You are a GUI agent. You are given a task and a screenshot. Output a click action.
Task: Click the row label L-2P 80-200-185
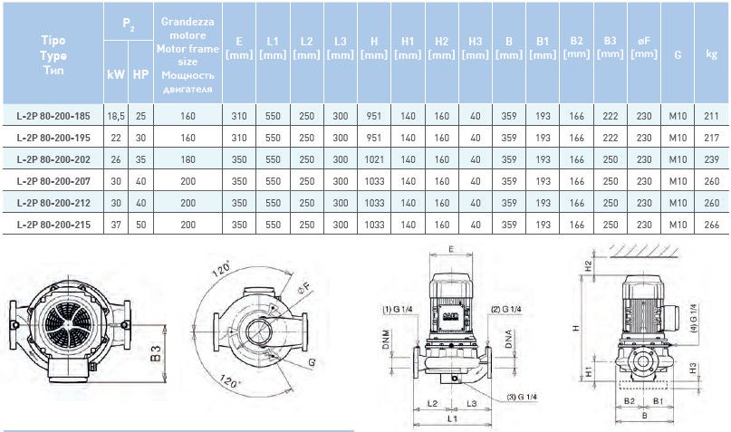pyautogui.click(x=53, y=116)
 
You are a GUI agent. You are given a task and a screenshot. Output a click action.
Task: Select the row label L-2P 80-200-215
pyautogui.click(x=53, y=225)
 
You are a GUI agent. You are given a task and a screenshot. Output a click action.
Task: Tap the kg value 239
pyautogui.click(x=711, y=159)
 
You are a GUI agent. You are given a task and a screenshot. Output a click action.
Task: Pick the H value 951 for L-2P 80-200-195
pyautogui.click(x=374, y=138)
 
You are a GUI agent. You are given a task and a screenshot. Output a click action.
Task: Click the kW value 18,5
pyautogui.click(x=116, y=116)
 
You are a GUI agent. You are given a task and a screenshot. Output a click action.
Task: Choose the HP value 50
pyautogui.click(x=140, y=225)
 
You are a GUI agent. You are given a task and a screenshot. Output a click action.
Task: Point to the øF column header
pyautogui.click(x=644, y=47)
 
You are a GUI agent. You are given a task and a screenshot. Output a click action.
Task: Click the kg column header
pyautogui.click(x=711, y=54)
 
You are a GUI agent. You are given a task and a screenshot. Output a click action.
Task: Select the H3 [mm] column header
pyautogui.click(x=475, y=48)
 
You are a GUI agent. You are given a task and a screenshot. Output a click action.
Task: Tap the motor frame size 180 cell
pyautogui.click(x=188, y=159)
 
